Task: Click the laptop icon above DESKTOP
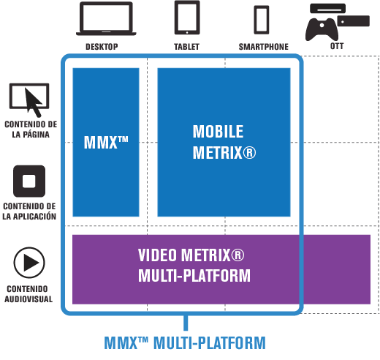click(x=106, y=18)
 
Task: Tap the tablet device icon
click(x=187, y=18)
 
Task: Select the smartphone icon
click(x=262, y=20)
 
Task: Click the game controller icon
click(x=322, y=29)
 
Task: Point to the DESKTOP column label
click(x=102, y=47)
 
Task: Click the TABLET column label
click(x=186, y=47)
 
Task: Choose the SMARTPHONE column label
click(x=264, y=47)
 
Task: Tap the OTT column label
click(x=337, y=46)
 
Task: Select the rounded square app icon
click(x=29, y=181)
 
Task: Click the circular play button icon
click(x=29, y=263)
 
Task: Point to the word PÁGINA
click(x=35, y=135)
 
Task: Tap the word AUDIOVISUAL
click(x=28, y=299)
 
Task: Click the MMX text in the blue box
click(x=106, y=142)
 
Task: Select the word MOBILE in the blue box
click(x=218, y=132)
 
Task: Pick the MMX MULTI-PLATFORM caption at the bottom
click(x=185, y=343)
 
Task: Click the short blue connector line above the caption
click(x=186, y=323)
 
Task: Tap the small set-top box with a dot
click(x=354, y=21)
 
